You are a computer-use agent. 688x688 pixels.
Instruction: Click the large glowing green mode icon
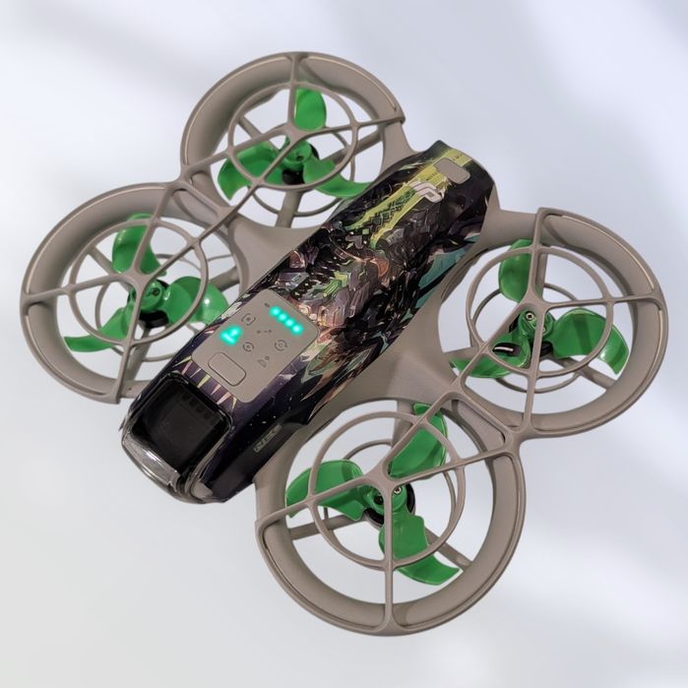[231, 336]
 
